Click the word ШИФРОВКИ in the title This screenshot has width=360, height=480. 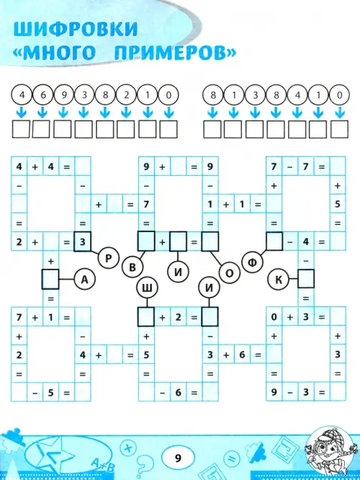(x=76, y=29)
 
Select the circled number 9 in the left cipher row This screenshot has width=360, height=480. (x=64, y=95)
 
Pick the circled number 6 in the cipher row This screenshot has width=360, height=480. (x=42, y=95)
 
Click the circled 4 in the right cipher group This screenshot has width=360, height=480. (x=297, y=95)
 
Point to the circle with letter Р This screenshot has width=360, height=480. (x=108, y=259)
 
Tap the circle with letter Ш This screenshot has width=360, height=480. (x=148, y=288)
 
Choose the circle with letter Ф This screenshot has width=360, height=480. (x=252, y=262)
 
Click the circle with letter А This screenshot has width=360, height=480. (x=85, y=279)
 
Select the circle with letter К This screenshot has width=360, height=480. (x=279, y=279)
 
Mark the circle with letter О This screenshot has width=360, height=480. (x=229, y=273)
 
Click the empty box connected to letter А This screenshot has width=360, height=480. (x=50, y=279)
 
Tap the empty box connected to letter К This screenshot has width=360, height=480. (x=306, y=279)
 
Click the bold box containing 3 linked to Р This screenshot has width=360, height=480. (x=83, y=242)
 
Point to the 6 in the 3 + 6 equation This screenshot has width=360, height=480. (x=242, y=355)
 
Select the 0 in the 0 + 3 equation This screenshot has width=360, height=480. (x=274, y=317)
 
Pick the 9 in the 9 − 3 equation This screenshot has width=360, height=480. (x=274, y=392)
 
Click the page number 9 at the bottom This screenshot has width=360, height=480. (x=178, y=458)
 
